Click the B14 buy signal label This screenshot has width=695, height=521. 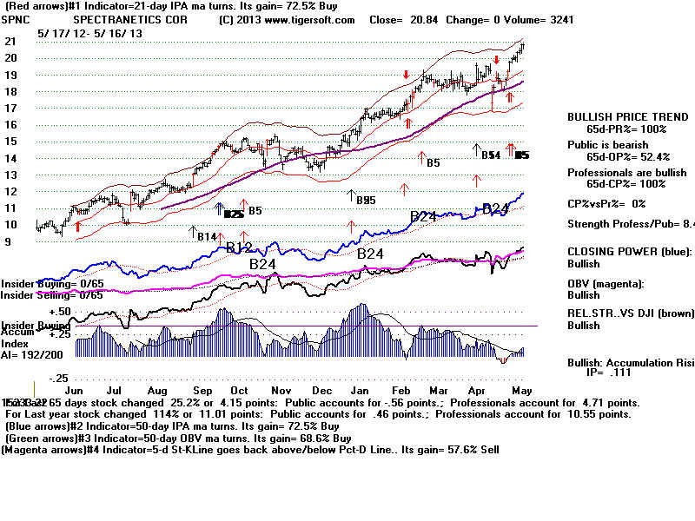point(206,236)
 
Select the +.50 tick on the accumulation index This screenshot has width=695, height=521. point(60,311)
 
